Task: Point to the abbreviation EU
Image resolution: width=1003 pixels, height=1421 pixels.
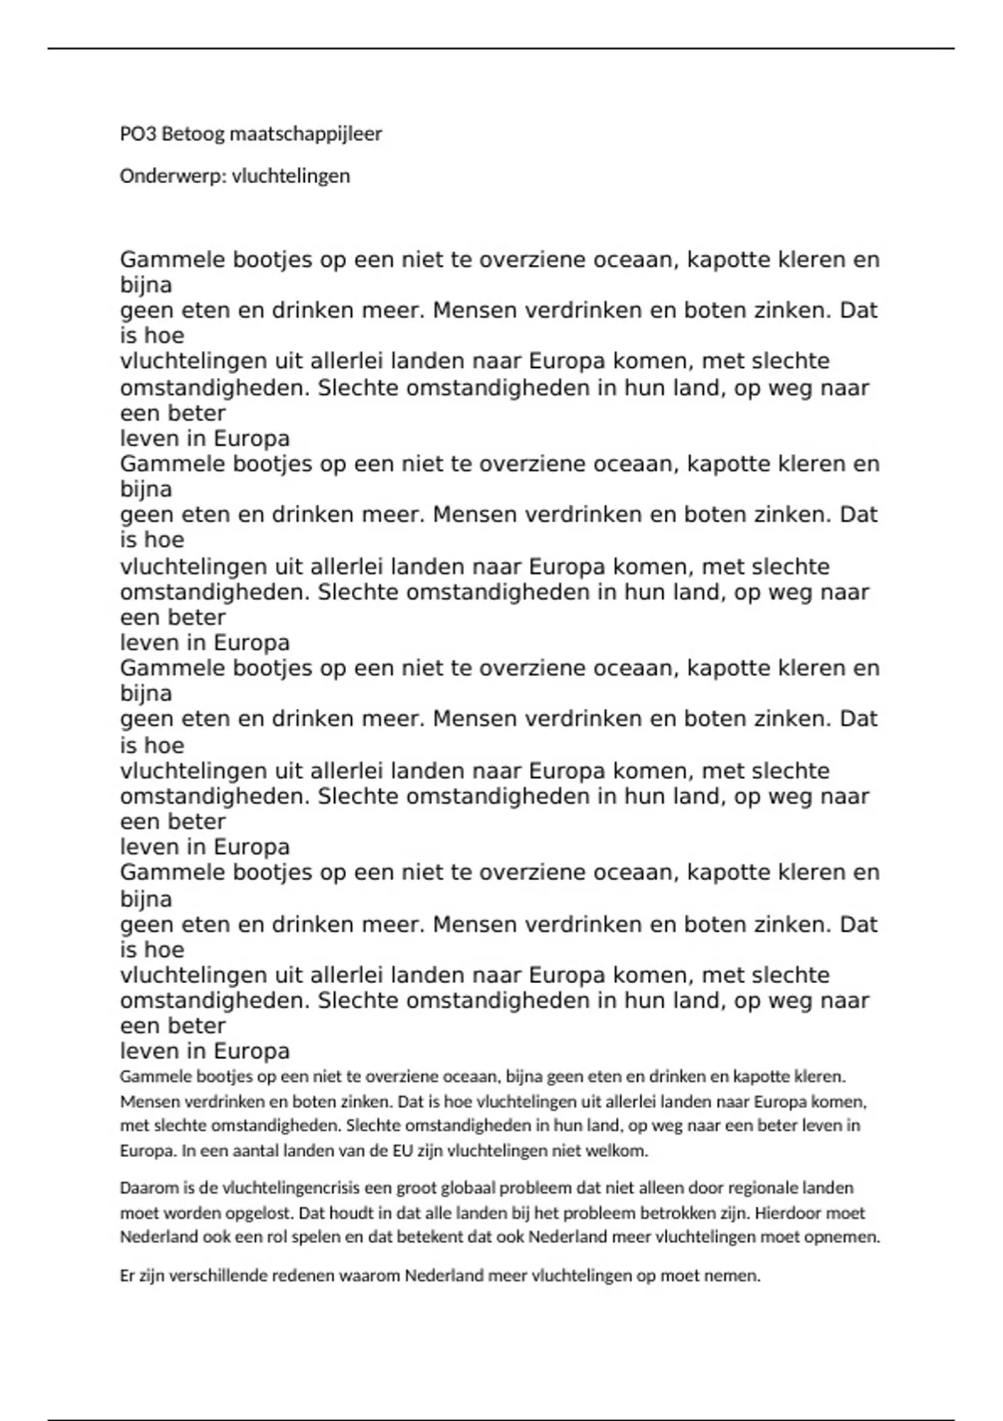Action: click(x=402, y=1150)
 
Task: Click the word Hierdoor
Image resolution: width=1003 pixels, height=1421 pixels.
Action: click(x=773, y=1213)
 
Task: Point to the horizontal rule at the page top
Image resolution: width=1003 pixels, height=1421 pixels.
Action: click(x=501, y=48)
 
